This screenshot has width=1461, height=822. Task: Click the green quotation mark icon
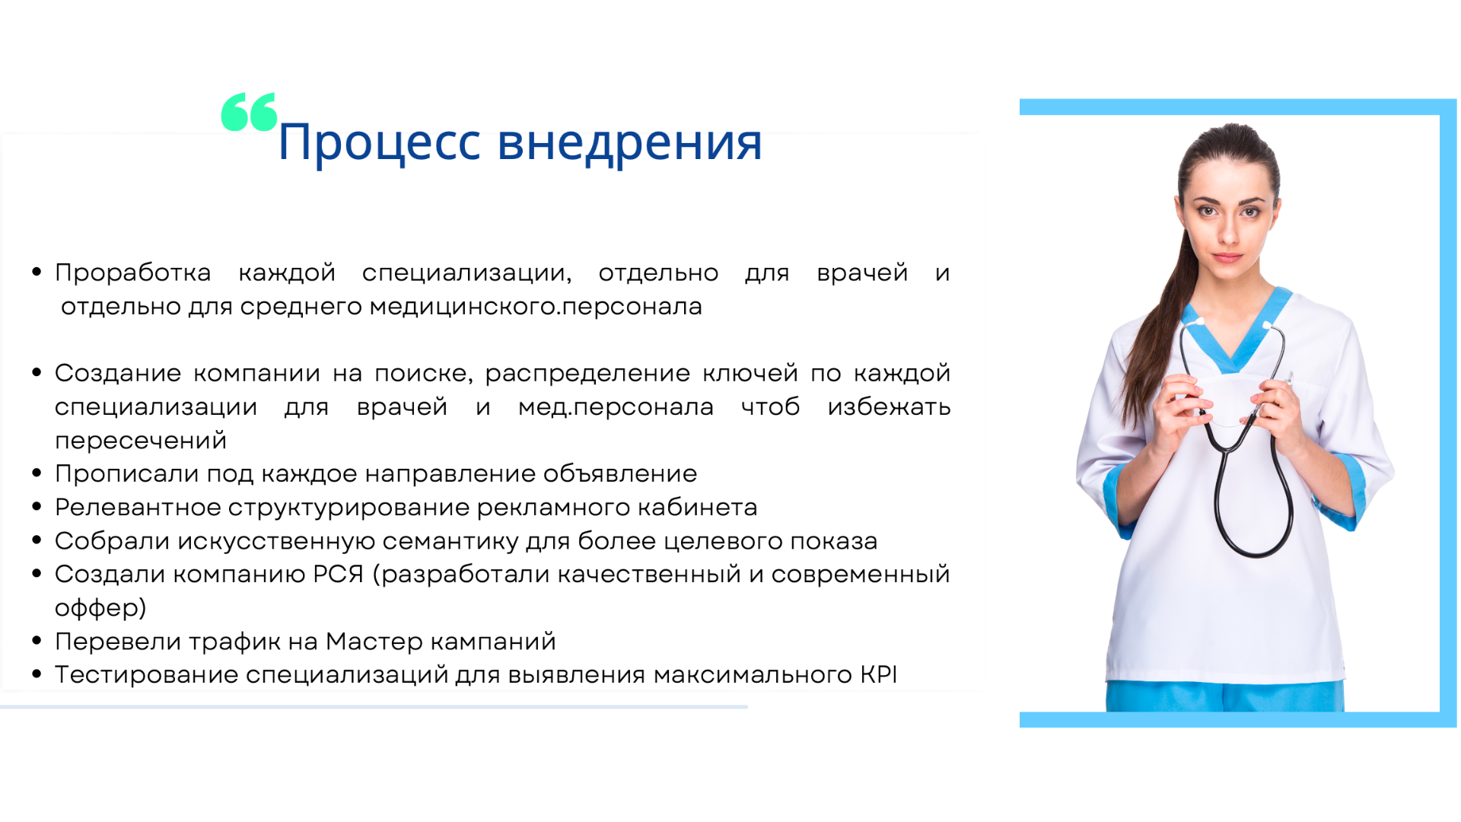pos(249,112)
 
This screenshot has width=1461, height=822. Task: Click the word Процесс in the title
pos(379,143)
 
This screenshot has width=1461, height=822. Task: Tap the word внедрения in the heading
pos(629,143)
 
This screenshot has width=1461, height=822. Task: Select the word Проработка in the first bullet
pos(133,272)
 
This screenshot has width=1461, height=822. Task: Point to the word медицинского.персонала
pos(536,307)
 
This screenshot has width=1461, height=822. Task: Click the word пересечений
pos(141,441)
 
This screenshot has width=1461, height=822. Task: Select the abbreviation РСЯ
pos(338,574)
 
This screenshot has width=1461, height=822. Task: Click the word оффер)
pos(100,608)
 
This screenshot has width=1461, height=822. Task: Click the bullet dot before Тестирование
pos(37,674)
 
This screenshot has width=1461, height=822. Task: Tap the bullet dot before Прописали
pos(37,473)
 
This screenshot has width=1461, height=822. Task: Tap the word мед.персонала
pos(616,407)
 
